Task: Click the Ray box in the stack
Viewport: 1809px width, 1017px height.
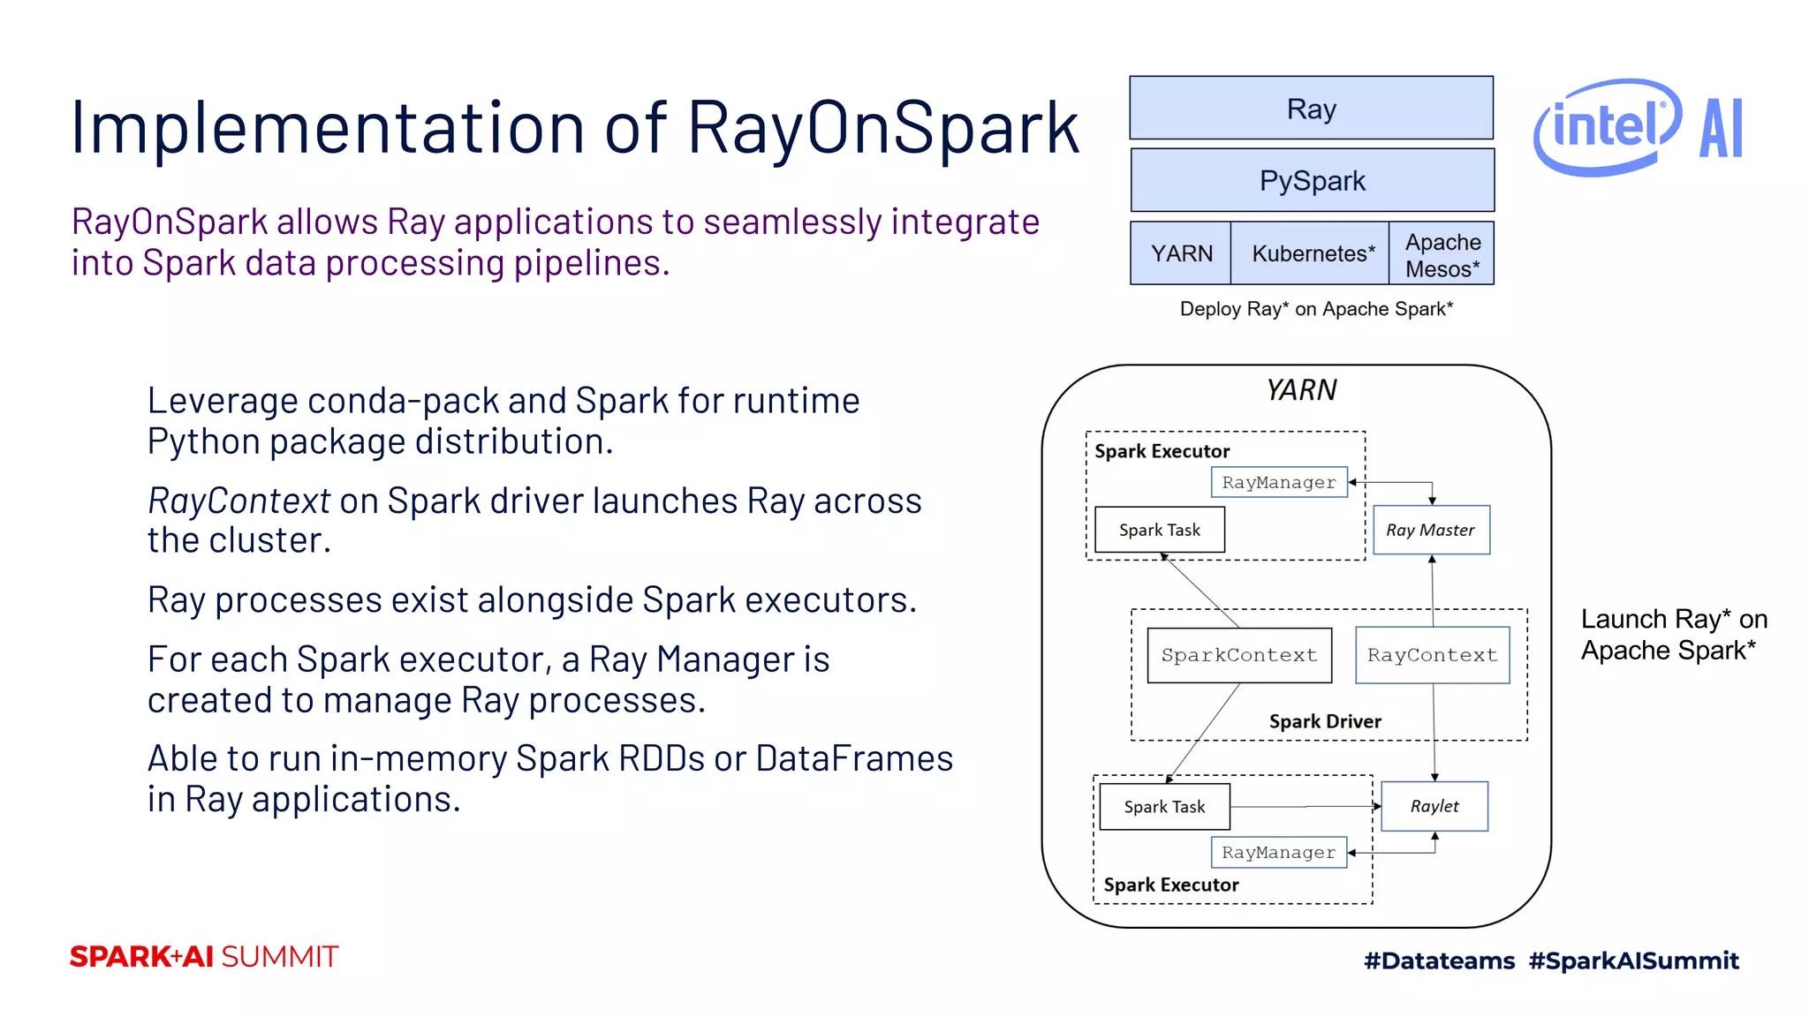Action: pyautogui.click(x=1311, y=109)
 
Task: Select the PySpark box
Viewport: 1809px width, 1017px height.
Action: pyautogui.click(x=1312, y=181)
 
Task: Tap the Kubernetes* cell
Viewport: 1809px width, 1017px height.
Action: pyautogui.click(x=1312, y=253)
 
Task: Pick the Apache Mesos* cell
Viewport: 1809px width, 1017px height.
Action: pyautogui.click(x=1442, y=255)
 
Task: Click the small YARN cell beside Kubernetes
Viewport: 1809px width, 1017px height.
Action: pyautogui.click(x=1181, y=253)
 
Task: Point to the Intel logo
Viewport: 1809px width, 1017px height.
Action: pyautogui.click(x=1606, y=126)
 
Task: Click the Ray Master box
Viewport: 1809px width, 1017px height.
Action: pyautogui.click(x=1431, y=530)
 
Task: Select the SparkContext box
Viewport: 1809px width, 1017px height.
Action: pyautogui.click(x=1238, y=655)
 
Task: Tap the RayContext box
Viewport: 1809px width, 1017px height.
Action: pyautogui.click(x=1432, y=655)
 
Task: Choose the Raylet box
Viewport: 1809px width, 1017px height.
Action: pyautogui.click(x=1434, y=806)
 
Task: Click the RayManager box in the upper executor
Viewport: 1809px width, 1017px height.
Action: pyautogui.click(x=1278, y=482)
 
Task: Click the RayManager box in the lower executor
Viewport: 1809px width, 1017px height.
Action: pyautogui.click(x=1278, y=852)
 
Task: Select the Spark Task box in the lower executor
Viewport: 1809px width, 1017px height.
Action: pyautogui.click(x=1164, y=807)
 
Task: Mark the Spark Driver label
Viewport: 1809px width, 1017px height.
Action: pyautogui.click(x=1324, y=721)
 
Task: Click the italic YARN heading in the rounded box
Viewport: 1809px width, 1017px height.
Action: pyautogui.click(x=1301, y=389)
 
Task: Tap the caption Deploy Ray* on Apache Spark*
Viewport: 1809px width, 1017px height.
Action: pyautogui.click(x=1315, y=309)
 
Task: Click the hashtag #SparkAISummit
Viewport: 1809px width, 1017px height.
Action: pyautogui.click(x=1633, y=960)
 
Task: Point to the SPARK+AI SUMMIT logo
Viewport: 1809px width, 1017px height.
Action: pyautogui.click(x=204, y=957)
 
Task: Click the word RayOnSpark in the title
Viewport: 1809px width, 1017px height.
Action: pyautogui.click(x=883, y=128)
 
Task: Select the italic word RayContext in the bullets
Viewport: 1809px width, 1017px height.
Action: pyautogui.click(x=238, y=501)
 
